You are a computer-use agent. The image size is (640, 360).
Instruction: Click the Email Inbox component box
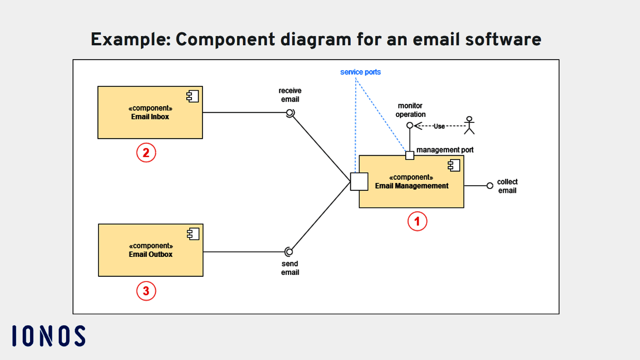pyautogui.click(x=150, y=112)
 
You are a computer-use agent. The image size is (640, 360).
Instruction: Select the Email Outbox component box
pyautogui.click(x=151, y=250)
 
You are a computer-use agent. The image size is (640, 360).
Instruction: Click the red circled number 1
pyautogui.click(x=417, y=221)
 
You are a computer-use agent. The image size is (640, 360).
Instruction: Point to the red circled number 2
pyautogui.click(x=146, y=153)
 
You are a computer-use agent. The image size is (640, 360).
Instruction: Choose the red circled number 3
pyautogui.click(x=146, y=291)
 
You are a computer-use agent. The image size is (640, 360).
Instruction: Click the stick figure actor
pyautogui.click(x=469, y=125)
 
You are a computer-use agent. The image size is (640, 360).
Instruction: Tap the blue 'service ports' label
pyautogui.click(x=360, y=72)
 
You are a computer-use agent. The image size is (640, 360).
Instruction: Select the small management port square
pyautogui.click(x=409, y=155)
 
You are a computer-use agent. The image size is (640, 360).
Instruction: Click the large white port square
pyautogui.click(x=359, y=182)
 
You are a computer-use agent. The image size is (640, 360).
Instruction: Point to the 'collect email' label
pyautogui.click(x=507, y=186)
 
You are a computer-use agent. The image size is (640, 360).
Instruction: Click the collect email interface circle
pyautogui.click(x=490, y=186)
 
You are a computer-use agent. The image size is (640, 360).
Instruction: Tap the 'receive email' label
pyautogui.click(x=290, y=95)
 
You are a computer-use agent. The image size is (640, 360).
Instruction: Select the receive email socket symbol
pyautogui.click(x=290, y=113)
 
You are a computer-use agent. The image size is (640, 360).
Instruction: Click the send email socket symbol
pyautogui.click(x=289, y=252)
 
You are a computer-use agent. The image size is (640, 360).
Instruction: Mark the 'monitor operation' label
pyautogui.click(x=410, y=110)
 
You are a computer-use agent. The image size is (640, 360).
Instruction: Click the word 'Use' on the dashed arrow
pyautogui.click(x=439, y=126)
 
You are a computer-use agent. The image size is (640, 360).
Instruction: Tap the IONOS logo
pyautogui.click(x=49, y=336)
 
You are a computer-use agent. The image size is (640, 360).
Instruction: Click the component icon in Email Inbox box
pyautogui.click(x=192, y=96)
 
